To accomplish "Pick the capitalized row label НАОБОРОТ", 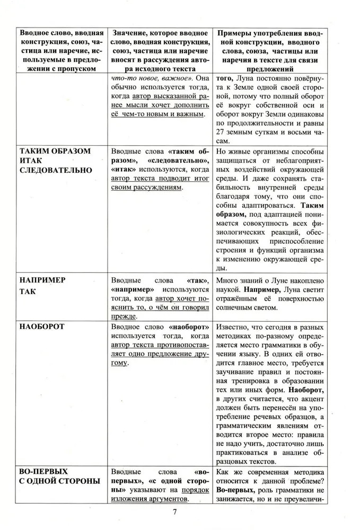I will click(x=41, y=326).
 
